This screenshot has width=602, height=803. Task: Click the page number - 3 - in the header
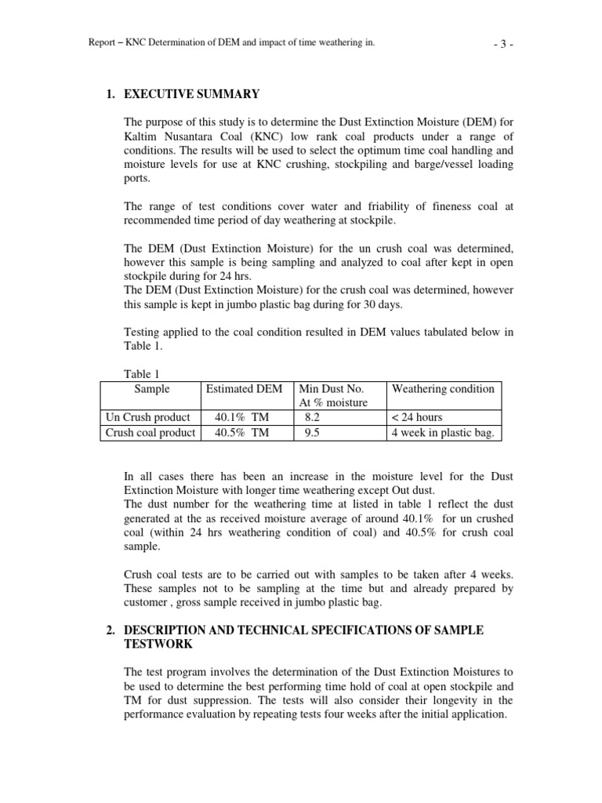(502, 43)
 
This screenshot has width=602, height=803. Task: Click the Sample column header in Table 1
(151, 389)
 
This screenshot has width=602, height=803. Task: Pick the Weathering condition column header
(443, 389)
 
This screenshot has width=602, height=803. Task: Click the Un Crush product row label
(148, 417)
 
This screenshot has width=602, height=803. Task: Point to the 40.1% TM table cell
(241, 417)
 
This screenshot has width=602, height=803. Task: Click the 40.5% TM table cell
(241, 432)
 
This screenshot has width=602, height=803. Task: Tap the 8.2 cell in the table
(312, 417)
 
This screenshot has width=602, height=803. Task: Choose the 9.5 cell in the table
(312, 432)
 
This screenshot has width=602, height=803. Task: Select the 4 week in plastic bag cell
(443, 432)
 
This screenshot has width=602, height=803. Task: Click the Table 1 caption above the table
(142, 374)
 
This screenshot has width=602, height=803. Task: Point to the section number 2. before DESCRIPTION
(111, 630)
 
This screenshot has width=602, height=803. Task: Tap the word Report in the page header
(104, 43)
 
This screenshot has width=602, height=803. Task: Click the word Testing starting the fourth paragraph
(143, 332)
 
